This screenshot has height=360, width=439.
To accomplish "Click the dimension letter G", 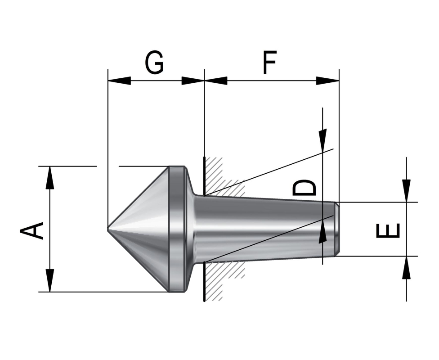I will point(154,63).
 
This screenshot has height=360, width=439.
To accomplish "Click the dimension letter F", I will point(269,63).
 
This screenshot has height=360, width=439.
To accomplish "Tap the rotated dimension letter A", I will point(32,230).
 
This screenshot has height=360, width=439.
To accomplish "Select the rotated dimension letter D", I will point(305,187).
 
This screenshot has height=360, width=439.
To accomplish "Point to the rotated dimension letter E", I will point(387,230).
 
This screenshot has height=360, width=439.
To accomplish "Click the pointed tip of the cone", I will point(108,229).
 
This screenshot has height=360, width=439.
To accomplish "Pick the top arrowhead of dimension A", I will point(50,178).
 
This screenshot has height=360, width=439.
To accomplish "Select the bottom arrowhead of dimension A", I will point(50,281).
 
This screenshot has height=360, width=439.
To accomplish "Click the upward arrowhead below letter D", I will point(323,232).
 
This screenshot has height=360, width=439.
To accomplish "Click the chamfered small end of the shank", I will point(336,229).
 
